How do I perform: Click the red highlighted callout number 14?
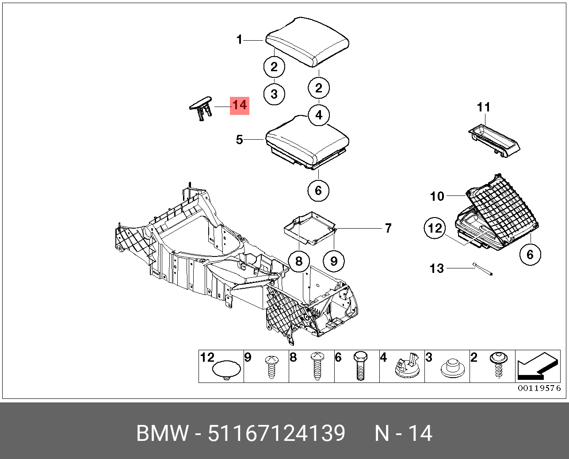[x=239, y=106]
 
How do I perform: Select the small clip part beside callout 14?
[x=202, y=106]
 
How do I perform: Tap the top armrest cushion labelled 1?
[x=308, y=42]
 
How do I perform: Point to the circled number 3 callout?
[x=274, y=94]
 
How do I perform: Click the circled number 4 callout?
[x=319, y=115]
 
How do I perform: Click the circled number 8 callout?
[x=299, y=261]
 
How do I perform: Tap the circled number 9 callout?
[x=334, y=261]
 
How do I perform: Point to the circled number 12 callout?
[x=435, y=228]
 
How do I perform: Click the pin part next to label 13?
[x=484, y=269]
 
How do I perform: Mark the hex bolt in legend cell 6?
[x=361, y=367]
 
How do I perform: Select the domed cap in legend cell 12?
[x=227, y=369]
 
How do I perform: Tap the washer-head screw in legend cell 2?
[x=497, y=365]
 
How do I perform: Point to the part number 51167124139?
[x=276, y=433]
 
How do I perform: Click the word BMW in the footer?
[x=162, y=433]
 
